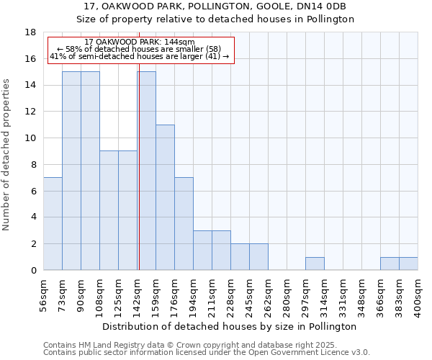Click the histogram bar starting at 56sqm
(x=53, y=224)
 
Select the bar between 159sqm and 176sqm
(x=165, y=197)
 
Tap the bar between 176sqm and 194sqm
(x=184, y=224)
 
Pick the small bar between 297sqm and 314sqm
(x=315, y=264)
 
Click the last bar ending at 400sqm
(x=408, y=264)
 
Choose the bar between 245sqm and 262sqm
(x=258, y=257)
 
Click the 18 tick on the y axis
(x=30, y=32)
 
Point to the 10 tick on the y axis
(x=30, y=138)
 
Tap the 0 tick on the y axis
(x=33, y=271)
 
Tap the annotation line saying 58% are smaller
(x=138, y=49)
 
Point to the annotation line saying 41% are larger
(x=139, y=56)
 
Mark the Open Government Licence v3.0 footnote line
(x=206, y=352)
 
